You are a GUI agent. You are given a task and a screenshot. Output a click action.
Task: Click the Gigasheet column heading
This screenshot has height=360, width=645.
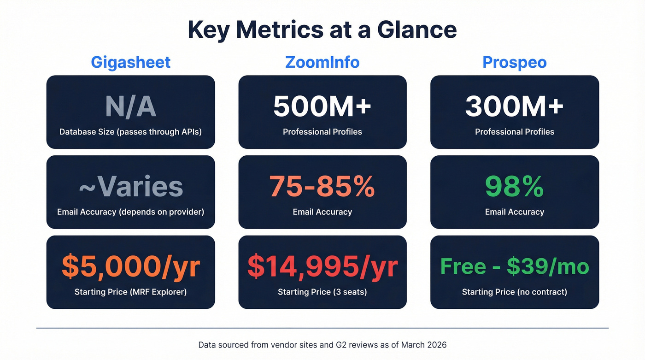tap(130, 62)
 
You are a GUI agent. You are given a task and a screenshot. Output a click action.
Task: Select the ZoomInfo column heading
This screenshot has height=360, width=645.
tap(322, 62)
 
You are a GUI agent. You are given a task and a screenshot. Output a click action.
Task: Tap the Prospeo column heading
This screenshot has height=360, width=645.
tap(514, 62)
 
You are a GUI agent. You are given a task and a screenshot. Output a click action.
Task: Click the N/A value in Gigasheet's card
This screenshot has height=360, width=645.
tap(130, 106)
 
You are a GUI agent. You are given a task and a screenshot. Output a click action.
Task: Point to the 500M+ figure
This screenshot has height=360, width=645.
tap(322, 106)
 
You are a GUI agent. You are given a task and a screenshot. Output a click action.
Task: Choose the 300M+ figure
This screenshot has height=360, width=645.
tap(514, 106)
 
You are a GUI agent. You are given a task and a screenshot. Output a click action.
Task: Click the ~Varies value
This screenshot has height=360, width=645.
tap(130, 186)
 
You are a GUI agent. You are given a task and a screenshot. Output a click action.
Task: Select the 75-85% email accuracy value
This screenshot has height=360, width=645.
tap(322, 186)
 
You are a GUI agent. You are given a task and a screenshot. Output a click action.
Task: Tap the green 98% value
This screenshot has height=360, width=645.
tap(514, 186)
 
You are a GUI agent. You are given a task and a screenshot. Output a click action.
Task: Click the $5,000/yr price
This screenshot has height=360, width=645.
tap(130, 266)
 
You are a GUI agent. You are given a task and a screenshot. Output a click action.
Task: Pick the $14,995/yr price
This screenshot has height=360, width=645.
tap(322, 266)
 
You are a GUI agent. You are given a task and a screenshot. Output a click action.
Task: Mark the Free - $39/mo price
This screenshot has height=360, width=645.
tap(514, 266)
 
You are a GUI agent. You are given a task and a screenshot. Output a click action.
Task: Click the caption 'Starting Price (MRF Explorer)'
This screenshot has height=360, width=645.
tap(130, 292)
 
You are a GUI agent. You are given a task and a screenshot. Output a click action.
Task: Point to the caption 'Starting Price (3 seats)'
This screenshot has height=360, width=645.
tap(322, 292)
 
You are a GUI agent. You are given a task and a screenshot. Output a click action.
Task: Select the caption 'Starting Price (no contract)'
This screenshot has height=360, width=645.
tap(514, 292)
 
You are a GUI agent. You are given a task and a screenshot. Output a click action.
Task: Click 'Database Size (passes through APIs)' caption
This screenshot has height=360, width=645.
tap(130, 132)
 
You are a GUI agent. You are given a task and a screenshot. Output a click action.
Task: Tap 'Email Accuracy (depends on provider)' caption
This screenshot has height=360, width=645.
tap(130, 212)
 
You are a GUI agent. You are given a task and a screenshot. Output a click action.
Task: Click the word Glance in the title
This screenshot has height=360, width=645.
tap(417, 30)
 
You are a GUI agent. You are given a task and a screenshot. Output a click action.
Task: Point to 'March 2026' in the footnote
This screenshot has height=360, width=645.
tap(423, 345)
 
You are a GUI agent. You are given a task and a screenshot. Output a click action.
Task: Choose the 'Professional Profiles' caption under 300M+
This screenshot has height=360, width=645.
tap(514, 132)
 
